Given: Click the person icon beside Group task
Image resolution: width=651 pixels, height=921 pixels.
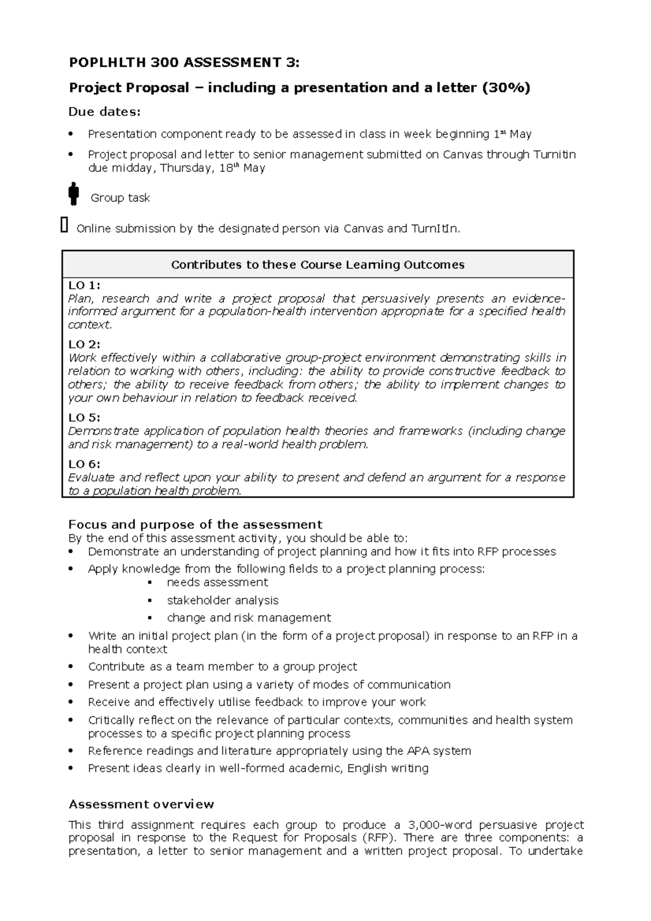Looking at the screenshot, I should coord(74,194).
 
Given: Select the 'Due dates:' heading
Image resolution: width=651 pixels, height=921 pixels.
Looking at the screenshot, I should coord(104,112).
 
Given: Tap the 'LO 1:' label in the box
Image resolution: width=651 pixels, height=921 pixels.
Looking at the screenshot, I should coord(84,285).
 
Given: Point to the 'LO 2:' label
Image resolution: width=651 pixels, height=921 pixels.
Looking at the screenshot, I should coord(84,344).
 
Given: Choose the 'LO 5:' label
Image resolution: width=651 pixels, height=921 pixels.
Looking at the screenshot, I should coord(84,418).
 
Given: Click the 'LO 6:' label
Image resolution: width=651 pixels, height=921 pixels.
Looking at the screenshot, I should coord(84,464).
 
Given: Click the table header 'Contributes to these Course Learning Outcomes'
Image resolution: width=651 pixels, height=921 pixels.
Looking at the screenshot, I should coord(318,265).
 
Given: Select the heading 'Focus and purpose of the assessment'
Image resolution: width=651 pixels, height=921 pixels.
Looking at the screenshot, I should coord(195,525).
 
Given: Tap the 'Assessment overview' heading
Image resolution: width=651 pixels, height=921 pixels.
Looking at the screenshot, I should coord(141,804).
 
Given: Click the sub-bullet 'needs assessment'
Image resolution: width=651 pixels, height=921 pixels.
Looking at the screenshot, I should coord(217,583).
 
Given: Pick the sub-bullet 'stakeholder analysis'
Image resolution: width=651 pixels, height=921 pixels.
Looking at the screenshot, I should coord(222,600).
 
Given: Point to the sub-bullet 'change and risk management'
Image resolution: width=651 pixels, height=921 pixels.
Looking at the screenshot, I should coord(248,618).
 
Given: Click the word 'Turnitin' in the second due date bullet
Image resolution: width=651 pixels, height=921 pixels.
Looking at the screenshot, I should coord(554,155).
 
